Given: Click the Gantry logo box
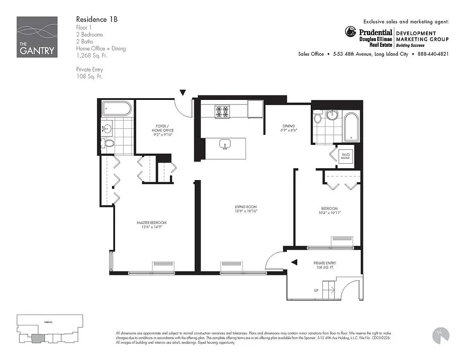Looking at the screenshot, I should [x=37, y=37].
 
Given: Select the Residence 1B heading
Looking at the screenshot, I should [x=97, y=19].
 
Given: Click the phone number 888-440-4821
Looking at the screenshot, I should [x=433, y=54].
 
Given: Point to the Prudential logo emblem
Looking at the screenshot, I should [x=351, y=31].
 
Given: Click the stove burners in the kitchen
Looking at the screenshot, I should [x=222, y=111].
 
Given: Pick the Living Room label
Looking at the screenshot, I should [x=245, y=209].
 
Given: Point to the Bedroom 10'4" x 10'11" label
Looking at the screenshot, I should [x=329, y=211].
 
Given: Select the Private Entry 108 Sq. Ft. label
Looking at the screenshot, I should [x=325, y=265].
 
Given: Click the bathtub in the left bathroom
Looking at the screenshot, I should [x=117, y=109].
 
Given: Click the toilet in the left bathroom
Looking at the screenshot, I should [x=108, y=144].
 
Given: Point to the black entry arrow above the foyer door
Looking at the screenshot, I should [x=183, y=93].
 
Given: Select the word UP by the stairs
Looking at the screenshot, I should [x=316, y=291].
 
